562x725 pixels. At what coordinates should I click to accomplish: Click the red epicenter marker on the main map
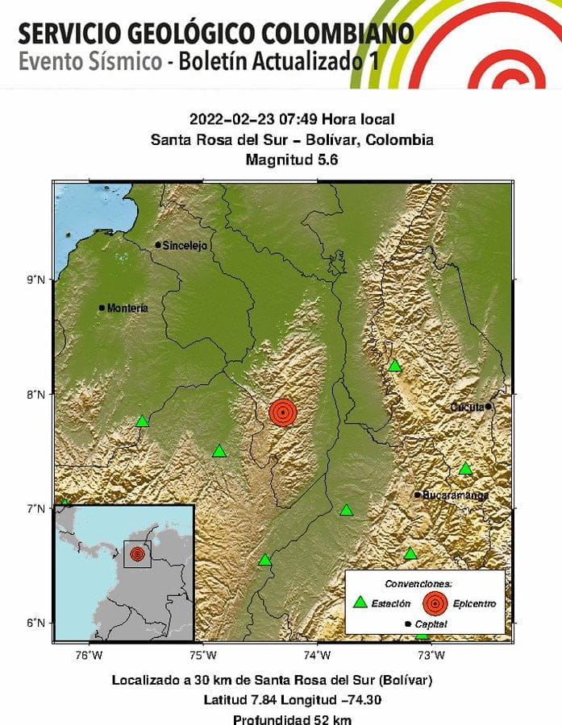point(283,412)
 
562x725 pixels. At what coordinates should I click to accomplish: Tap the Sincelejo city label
point(185,245)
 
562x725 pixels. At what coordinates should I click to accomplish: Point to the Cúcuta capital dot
point(489,406)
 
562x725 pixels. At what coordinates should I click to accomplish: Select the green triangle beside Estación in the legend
point(361,601)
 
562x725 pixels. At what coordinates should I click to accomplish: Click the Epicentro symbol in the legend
point(435,602)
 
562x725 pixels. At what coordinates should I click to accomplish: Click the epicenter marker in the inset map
point(137,554)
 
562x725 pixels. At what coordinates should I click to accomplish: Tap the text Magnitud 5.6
point(292,159)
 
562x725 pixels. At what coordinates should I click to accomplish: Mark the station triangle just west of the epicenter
point(219,451)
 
